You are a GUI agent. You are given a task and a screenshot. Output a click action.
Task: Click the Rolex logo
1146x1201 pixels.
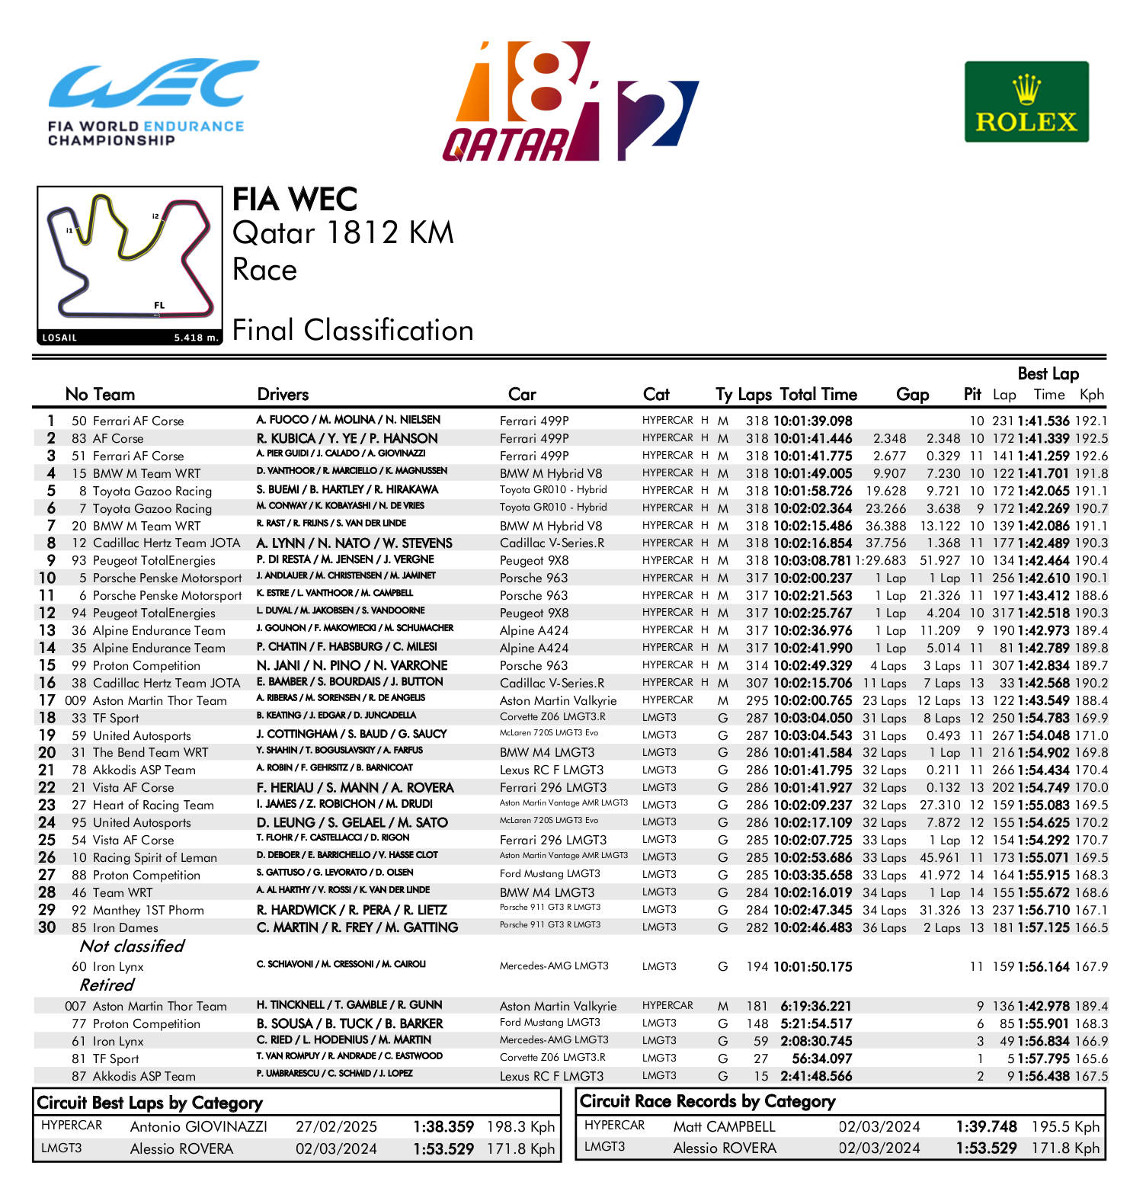pos(1026,102)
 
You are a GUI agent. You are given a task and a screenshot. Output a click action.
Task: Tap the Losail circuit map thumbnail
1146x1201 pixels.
pos(129,265)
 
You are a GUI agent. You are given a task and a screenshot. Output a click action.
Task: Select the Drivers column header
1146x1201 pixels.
pos(283,395)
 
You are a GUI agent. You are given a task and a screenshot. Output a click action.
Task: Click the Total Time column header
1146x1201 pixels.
pos(818,395)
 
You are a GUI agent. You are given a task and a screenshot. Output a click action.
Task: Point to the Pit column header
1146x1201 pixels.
pos(972,395)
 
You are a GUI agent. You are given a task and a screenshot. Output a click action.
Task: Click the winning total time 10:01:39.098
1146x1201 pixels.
pos(812,421)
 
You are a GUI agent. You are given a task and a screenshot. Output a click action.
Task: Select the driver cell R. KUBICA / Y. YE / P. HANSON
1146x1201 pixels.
pos(347,439)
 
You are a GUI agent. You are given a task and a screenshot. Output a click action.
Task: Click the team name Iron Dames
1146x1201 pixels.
pos(125,928)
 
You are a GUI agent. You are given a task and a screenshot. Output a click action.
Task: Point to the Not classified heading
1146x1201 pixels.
pos(132,946)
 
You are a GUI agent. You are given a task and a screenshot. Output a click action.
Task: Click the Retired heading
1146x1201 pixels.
pos(107,985)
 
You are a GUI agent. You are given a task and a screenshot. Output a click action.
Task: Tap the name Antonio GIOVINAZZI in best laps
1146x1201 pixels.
pos(198,1127)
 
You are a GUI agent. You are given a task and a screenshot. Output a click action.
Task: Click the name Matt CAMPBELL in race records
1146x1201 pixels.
pos(724,1127)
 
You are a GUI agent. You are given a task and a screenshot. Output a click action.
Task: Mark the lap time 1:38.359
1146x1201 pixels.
pos(443,1127)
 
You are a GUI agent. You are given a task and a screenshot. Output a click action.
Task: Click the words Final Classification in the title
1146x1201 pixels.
pos(353,331)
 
